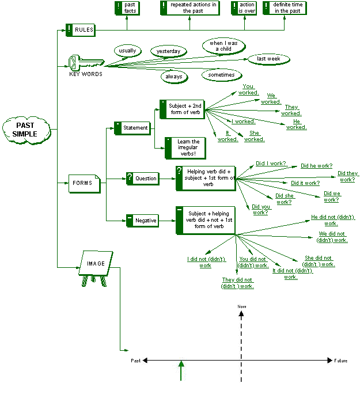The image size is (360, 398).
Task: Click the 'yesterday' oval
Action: (x=169, y=51)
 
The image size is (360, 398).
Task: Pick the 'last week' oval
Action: (x=268, y=59)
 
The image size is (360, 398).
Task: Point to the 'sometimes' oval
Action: (x=222, y=75)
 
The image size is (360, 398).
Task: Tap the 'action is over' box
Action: (x=244, y=7)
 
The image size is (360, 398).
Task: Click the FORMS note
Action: (x=85, y=183)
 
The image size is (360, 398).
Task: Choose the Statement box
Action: (x=132, y=128)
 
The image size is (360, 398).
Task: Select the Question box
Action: (x=142, y=178)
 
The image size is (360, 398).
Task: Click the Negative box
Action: (x=142, y=220)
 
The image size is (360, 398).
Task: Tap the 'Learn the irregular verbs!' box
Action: (x=185, y=147)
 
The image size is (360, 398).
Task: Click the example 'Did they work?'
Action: (x=347, y=176)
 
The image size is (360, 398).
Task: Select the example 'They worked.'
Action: (x=291, y=110)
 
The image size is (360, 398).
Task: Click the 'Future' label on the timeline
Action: (x=341, y=361)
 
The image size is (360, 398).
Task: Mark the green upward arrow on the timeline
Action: (x=182, y=370)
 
